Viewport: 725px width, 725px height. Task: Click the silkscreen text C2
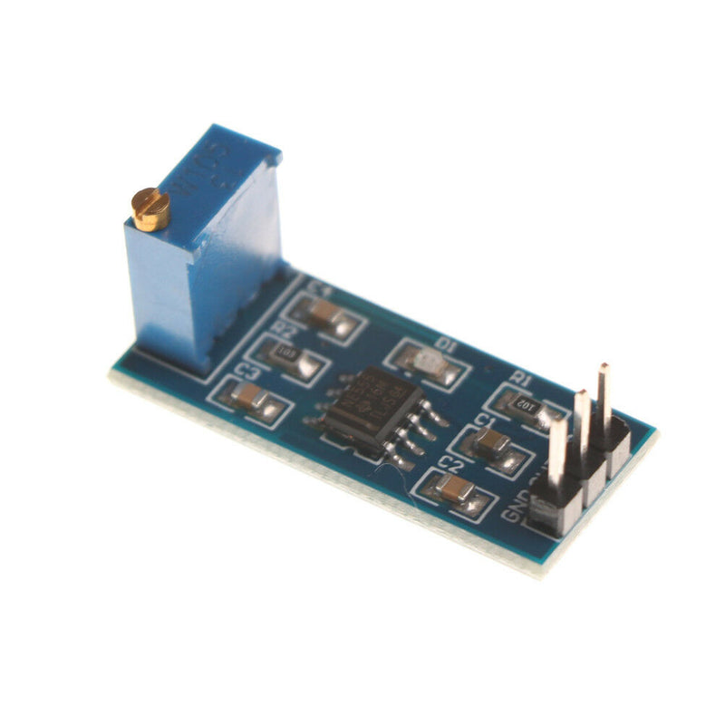[446, 462]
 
